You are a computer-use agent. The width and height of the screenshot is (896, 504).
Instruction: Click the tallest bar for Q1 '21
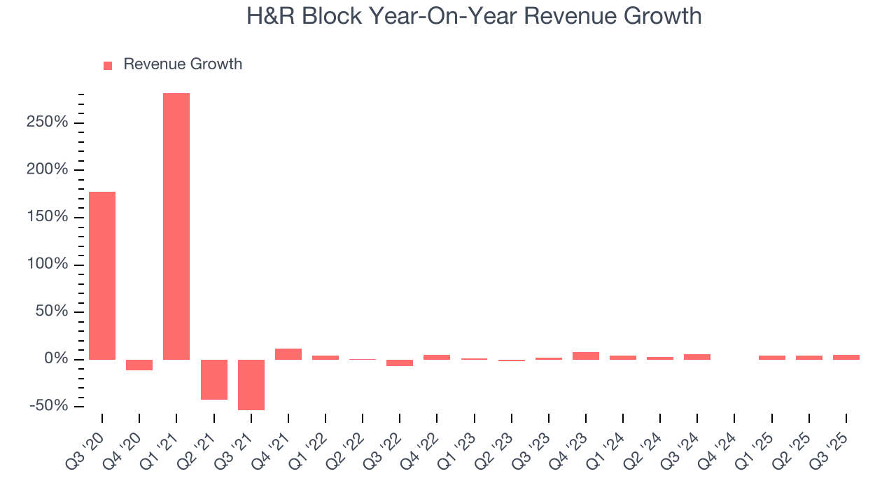click(x=176, y=226)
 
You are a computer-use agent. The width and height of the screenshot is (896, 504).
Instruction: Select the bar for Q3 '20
click(x=102, y=275)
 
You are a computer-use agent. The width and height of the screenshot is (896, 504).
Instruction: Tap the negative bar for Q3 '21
click(x=251, y=384)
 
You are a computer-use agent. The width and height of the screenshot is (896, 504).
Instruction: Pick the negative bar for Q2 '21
click(x=214, y=379)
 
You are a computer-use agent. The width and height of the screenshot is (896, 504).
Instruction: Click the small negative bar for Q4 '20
click(x=139, y=365)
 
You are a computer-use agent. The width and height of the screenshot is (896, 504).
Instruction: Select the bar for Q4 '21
click(x=288, y=354)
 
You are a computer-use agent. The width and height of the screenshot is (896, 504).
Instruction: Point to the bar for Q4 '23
click(x=586, y=356)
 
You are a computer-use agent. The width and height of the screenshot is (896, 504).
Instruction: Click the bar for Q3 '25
click(x=846, y=357)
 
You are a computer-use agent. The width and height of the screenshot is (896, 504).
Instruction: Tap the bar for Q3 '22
click(x=400, y=363)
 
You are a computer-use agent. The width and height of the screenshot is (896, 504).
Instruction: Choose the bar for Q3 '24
click(x=697, y=357)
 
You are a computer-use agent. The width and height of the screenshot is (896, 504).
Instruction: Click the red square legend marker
click(x=108, y=65)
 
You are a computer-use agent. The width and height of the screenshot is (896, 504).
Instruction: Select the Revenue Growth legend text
click(x=183, y=64)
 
